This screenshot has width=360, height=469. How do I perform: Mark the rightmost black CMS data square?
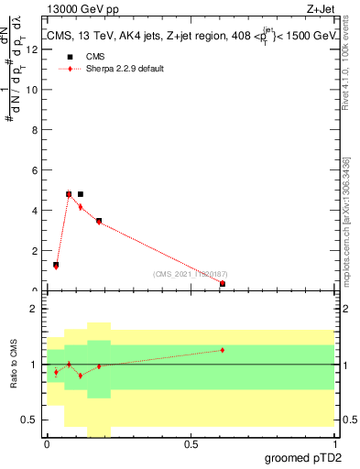(223, 284)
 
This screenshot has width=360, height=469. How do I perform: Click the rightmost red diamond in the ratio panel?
(223, 350)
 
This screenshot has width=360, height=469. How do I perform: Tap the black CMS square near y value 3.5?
(99, 221)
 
